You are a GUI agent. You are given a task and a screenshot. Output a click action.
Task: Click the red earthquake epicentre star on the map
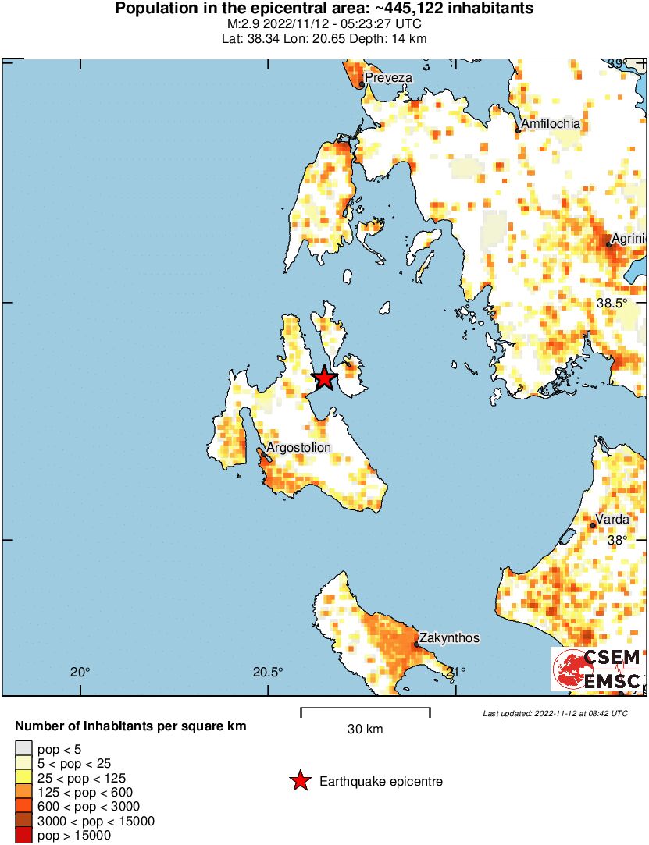(325, 379)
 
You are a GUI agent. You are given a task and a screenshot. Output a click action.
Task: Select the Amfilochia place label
(551, 124)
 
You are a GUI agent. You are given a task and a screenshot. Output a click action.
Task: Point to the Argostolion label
(299, 447)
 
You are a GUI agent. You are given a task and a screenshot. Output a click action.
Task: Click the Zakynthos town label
(449, 638)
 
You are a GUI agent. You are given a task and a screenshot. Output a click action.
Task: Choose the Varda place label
(612, 519)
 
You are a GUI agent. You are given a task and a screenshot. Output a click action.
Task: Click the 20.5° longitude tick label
(267, 672)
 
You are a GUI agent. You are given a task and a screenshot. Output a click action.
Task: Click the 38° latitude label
(618, 540)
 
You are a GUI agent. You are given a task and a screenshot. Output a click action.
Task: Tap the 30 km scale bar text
(365, 730)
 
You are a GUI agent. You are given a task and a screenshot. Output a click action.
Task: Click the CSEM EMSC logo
(597, 669)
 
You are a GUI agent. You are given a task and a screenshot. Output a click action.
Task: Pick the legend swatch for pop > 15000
(24, 836)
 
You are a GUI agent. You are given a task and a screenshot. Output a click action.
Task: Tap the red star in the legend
(299, 781)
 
